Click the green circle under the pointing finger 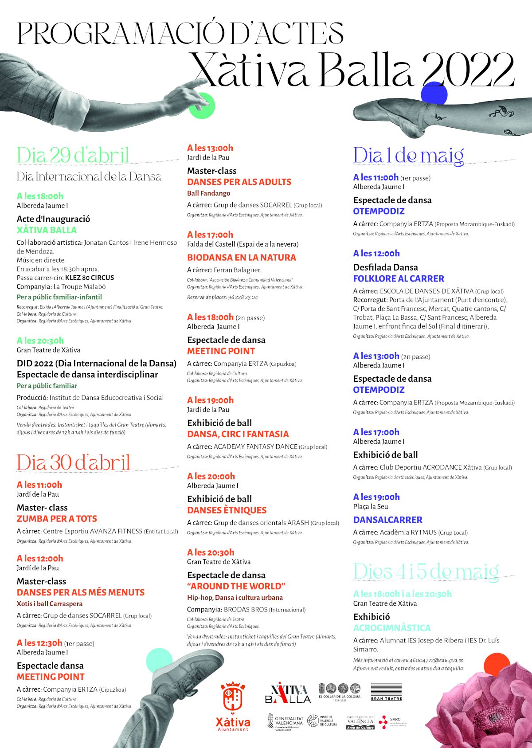point(202,106)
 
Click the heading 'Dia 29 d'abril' point(73,155)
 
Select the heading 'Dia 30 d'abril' point(74,462)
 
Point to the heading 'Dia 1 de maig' point(408,156)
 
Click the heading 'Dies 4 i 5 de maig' point(426,572)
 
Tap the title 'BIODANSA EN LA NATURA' point(241,257)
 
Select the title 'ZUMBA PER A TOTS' point(57,519)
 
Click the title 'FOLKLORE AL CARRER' point(399,278)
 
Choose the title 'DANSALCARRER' point(387,520)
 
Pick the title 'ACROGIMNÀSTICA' point(392,628)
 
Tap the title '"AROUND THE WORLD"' point(236,586)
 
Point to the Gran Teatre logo point(386,692)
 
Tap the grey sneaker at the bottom point(186,670)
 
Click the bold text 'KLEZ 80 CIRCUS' point(90,278)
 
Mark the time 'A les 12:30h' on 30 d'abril point(39,643)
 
